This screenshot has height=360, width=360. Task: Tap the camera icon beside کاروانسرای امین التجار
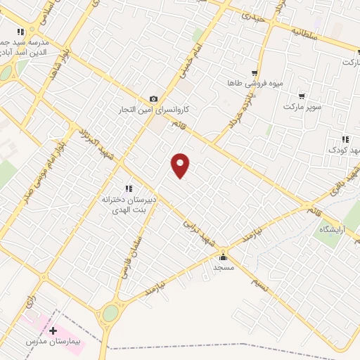tap(154, 99)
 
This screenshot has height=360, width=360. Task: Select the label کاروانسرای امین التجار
tap(154, 110)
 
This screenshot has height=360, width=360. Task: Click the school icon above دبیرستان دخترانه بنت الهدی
tap(128, 188)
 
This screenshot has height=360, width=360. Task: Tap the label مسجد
tap(224, 268)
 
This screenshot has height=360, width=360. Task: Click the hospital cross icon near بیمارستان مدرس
tap(53, 330)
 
